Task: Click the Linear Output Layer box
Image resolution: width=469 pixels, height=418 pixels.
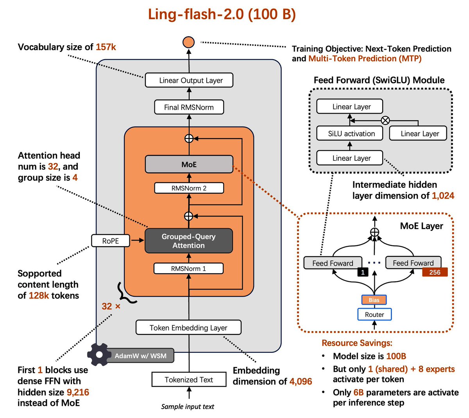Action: click(189, 80)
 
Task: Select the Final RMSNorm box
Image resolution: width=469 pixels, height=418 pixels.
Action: click(189, 107)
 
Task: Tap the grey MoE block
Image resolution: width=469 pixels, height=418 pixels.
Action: click(189, 164)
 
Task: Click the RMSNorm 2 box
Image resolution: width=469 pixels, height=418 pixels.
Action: click(189, 188)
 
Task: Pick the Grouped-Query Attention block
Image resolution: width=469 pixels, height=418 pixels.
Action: click(189, 241)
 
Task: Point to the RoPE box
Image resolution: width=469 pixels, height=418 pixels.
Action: click(111, 241)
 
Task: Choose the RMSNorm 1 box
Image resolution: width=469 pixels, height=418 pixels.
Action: click(189, 269)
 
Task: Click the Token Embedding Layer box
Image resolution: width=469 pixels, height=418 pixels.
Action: click(188, 327)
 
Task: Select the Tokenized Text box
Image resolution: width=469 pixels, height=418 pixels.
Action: click(189, 379)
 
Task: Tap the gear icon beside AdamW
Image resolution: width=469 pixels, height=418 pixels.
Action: click(99, 355)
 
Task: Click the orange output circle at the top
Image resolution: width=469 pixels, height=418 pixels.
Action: click(189, 42)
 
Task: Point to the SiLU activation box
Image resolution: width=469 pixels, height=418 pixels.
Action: click(351, 133)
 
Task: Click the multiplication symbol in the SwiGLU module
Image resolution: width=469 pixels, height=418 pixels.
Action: click(385, 120)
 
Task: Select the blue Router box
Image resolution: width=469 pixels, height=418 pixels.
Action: click(374, 314)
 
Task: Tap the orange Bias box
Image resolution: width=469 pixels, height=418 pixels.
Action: click(374, 300)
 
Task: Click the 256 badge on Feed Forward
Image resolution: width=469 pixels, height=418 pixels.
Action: click(435, 272)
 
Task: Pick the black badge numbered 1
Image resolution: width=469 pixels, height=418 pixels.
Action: click(363, 272)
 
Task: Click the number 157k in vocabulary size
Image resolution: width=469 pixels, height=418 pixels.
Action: click(106, 47)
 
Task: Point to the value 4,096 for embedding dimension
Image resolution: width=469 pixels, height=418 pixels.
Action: click(301, 381)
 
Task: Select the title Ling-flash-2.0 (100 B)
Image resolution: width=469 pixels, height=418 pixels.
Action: click(222, 14)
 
